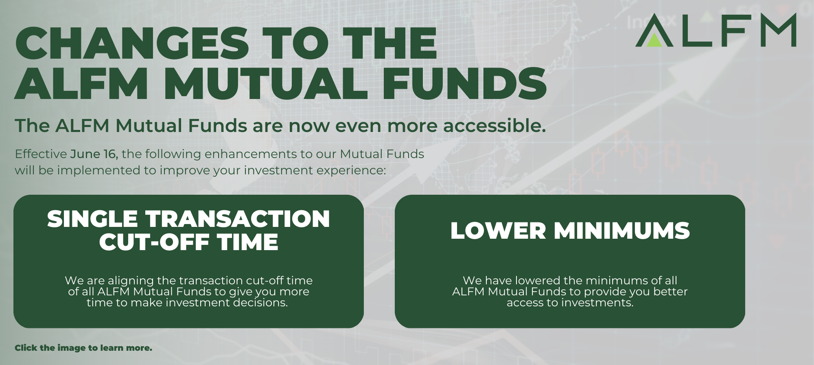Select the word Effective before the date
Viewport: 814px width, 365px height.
tap(41, 154)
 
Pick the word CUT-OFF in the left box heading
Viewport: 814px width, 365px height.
tap(154, 242)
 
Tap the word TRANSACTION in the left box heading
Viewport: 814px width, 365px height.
tap(238, 219)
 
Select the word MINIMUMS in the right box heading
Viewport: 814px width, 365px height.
tap(622, 231)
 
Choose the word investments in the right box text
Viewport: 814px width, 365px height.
tap(597, 303)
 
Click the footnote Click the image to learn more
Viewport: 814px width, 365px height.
tap(83, 348)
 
